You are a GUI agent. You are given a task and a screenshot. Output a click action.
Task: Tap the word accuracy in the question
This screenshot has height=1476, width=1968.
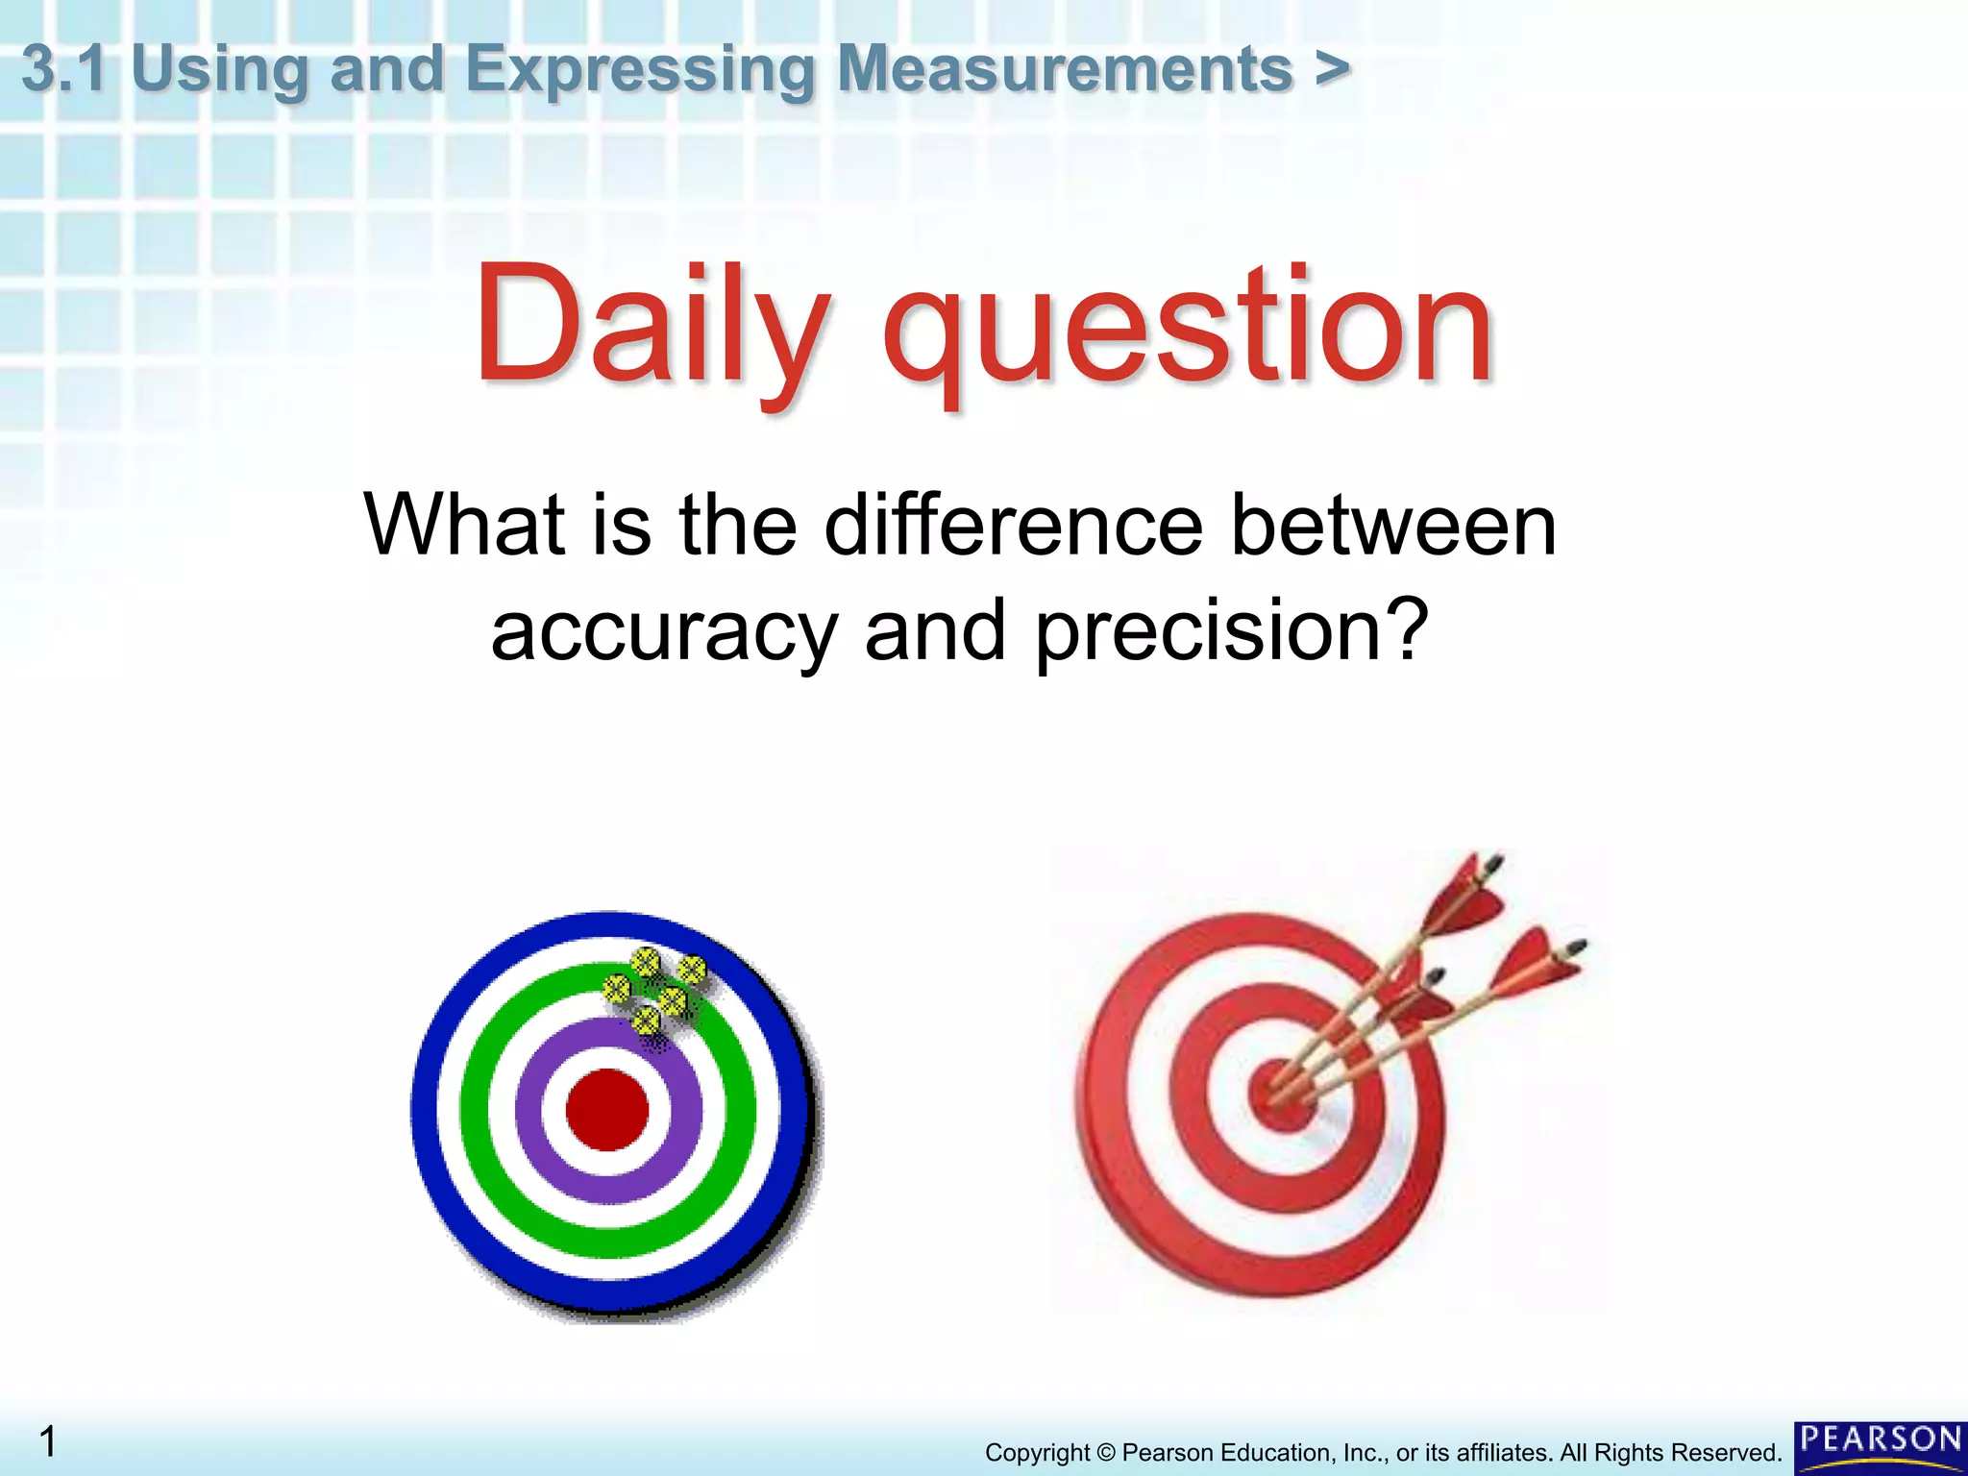pyautogui.click(x=664, y=632)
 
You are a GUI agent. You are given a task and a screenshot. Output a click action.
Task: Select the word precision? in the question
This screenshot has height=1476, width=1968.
pyautogui.click(x=1231, y=632)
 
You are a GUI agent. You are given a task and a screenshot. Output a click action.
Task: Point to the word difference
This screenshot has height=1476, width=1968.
pyautogui.click(x=1013, y=526)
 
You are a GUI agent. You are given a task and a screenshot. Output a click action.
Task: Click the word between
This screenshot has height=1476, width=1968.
pyautogui.click(x=1393, y=526)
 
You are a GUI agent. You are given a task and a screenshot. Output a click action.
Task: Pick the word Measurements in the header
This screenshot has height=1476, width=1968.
pyautogui.click(x=1065, y=69)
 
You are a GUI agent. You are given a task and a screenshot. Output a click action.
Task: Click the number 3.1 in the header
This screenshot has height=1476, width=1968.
pyautogui.click(x=63, y=69)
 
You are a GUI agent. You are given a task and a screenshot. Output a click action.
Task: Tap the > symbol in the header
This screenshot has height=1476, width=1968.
pyautogui.click(x=1332, y=69)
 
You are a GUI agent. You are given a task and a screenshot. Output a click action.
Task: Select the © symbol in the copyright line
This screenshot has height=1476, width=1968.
pyautogui.click(x=1106, y=1453)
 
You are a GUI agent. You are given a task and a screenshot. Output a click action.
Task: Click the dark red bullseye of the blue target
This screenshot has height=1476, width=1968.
pyautogui.click(x=607, y=1109)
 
